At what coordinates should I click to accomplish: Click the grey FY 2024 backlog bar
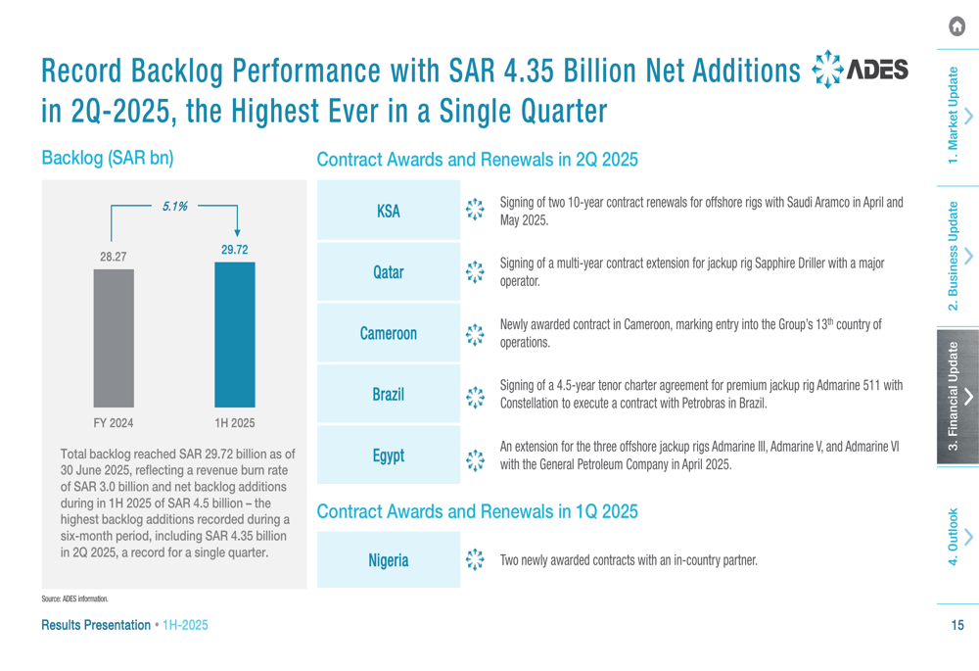coord(114,337)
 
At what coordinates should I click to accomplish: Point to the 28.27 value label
coord(114,257)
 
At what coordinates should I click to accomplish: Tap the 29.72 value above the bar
coord(234,250)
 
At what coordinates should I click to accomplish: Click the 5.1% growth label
coord(174,207)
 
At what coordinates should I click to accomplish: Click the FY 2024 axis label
coord(114,423)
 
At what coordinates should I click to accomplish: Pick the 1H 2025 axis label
coord(234,423)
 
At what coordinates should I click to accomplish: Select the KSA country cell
coord(389,211)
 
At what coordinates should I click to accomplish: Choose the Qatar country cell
coord(389,272)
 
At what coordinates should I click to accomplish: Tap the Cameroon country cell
coord(389,333)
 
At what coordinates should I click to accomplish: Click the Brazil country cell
coord(389,395)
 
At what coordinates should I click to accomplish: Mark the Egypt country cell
coord(389,455)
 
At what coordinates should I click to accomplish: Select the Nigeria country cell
coord(389,560)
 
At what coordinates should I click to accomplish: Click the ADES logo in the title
coord(861,72)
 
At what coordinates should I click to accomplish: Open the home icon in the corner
coord(956,27)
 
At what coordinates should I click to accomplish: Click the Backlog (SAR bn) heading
coord(107,158)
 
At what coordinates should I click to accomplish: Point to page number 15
coord(956,625)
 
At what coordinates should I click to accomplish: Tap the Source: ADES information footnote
coord(74,599)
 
